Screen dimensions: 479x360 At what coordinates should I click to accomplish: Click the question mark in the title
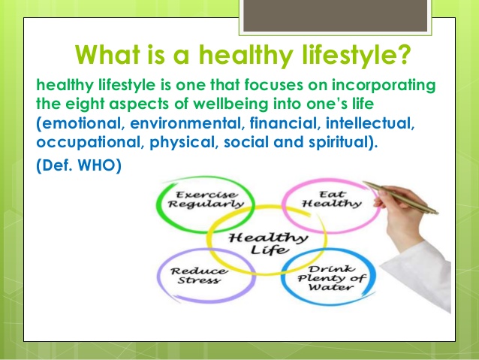(403, 54)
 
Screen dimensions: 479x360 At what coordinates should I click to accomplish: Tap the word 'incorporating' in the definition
(384, 86)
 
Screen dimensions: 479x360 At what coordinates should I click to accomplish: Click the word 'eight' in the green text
(85, 104)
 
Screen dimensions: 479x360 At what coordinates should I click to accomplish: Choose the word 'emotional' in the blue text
(81, 123)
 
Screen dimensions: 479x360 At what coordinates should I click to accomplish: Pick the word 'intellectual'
(369, 123)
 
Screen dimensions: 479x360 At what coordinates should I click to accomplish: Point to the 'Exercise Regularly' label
(205, 199)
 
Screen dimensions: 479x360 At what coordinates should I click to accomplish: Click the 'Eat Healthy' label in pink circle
(331, 199)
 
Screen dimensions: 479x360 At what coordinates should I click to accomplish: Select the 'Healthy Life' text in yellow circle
(268, 244)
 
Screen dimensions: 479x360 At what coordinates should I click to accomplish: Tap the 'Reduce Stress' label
(198, 276)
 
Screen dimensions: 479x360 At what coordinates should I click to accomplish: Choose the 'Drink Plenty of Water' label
(331, 278)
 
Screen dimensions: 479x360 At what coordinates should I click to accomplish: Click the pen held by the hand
(400, 197)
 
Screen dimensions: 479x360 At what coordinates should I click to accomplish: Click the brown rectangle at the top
(335, 15)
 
